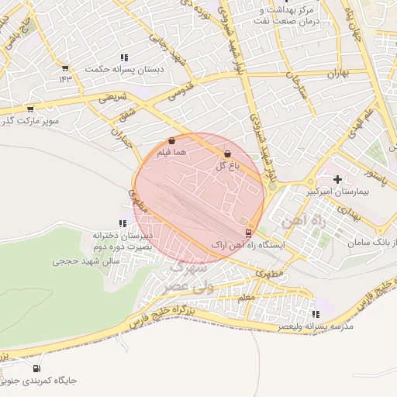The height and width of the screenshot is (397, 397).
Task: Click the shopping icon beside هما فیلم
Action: click(171, 141)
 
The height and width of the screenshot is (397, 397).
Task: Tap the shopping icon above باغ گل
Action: click(226, 154)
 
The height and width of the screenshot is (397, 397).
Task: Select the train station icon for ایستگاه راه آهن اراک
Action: click(248, 232)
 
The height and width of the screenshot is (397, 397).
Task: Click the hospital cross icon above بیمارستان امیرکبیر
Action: click(337, 178)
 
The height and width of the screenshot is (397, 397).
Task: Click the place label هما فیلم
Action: click(172, 154)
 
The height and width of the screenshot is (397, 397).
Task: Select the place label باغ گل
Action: click(226, 166)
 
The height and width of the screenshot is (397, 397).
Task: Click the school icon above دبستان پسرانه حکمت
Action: click(124, 57)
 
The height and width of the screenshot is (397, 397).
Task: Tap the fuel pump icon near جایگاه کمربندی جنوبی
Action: click(36, 368)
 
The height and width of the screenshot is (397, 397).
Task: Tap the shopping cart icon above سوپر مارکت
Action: click(30, 109)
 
